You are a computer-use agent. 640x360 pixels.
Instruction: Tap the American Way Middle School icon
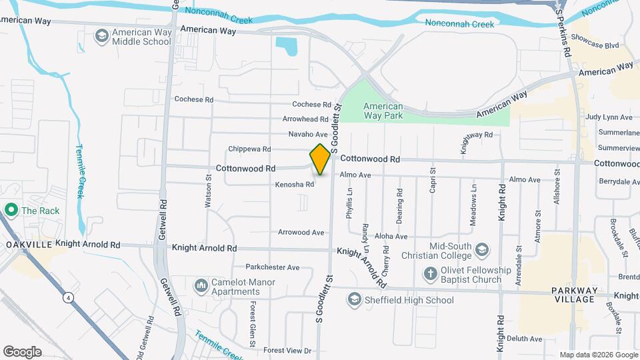102,35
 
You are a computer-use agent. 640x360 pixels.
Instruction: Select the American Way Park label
383,111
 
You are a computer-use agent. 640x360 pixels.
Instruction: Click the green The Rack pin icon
11,211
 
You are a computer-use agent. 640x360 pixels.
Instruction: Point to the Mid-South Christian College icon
483,249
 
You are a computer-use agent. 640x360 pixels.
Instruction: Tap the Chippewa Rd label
249,149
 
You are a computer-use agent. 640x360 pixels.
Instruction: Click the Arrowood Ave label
301,233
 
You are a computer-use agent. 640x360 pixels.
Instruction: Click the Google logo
22,351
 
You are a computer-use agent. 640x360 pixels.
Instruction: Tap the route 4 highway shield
69,298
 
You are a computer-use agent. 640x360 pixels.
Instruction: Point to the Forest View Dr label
287,351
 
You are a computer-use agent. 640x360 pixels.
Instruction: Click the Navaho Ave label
308,134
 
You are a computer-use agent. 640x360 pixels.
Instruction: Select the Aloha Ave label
391,237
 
